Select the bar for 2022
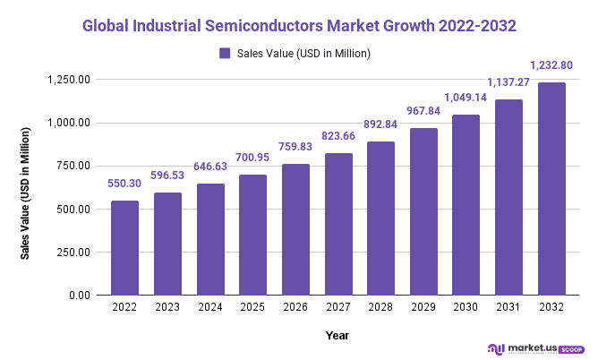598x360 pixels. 124,248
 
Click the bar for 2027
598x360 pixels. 338,224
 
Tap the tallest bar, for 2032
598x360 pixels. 551,189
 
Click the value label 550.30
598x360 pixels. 124,183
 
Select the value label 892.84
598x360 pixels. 380,124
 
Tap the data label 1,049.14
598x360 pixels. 466,97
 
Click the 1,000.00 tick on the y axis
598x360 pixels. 67,123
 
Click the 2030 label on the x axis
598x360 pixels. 466,308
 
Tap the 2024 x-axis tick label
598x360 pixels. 210,308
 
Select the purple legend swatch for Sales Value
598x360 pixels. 225,54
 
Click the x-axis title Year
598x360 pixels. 337,335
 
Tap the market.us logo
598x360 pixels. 534,347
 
